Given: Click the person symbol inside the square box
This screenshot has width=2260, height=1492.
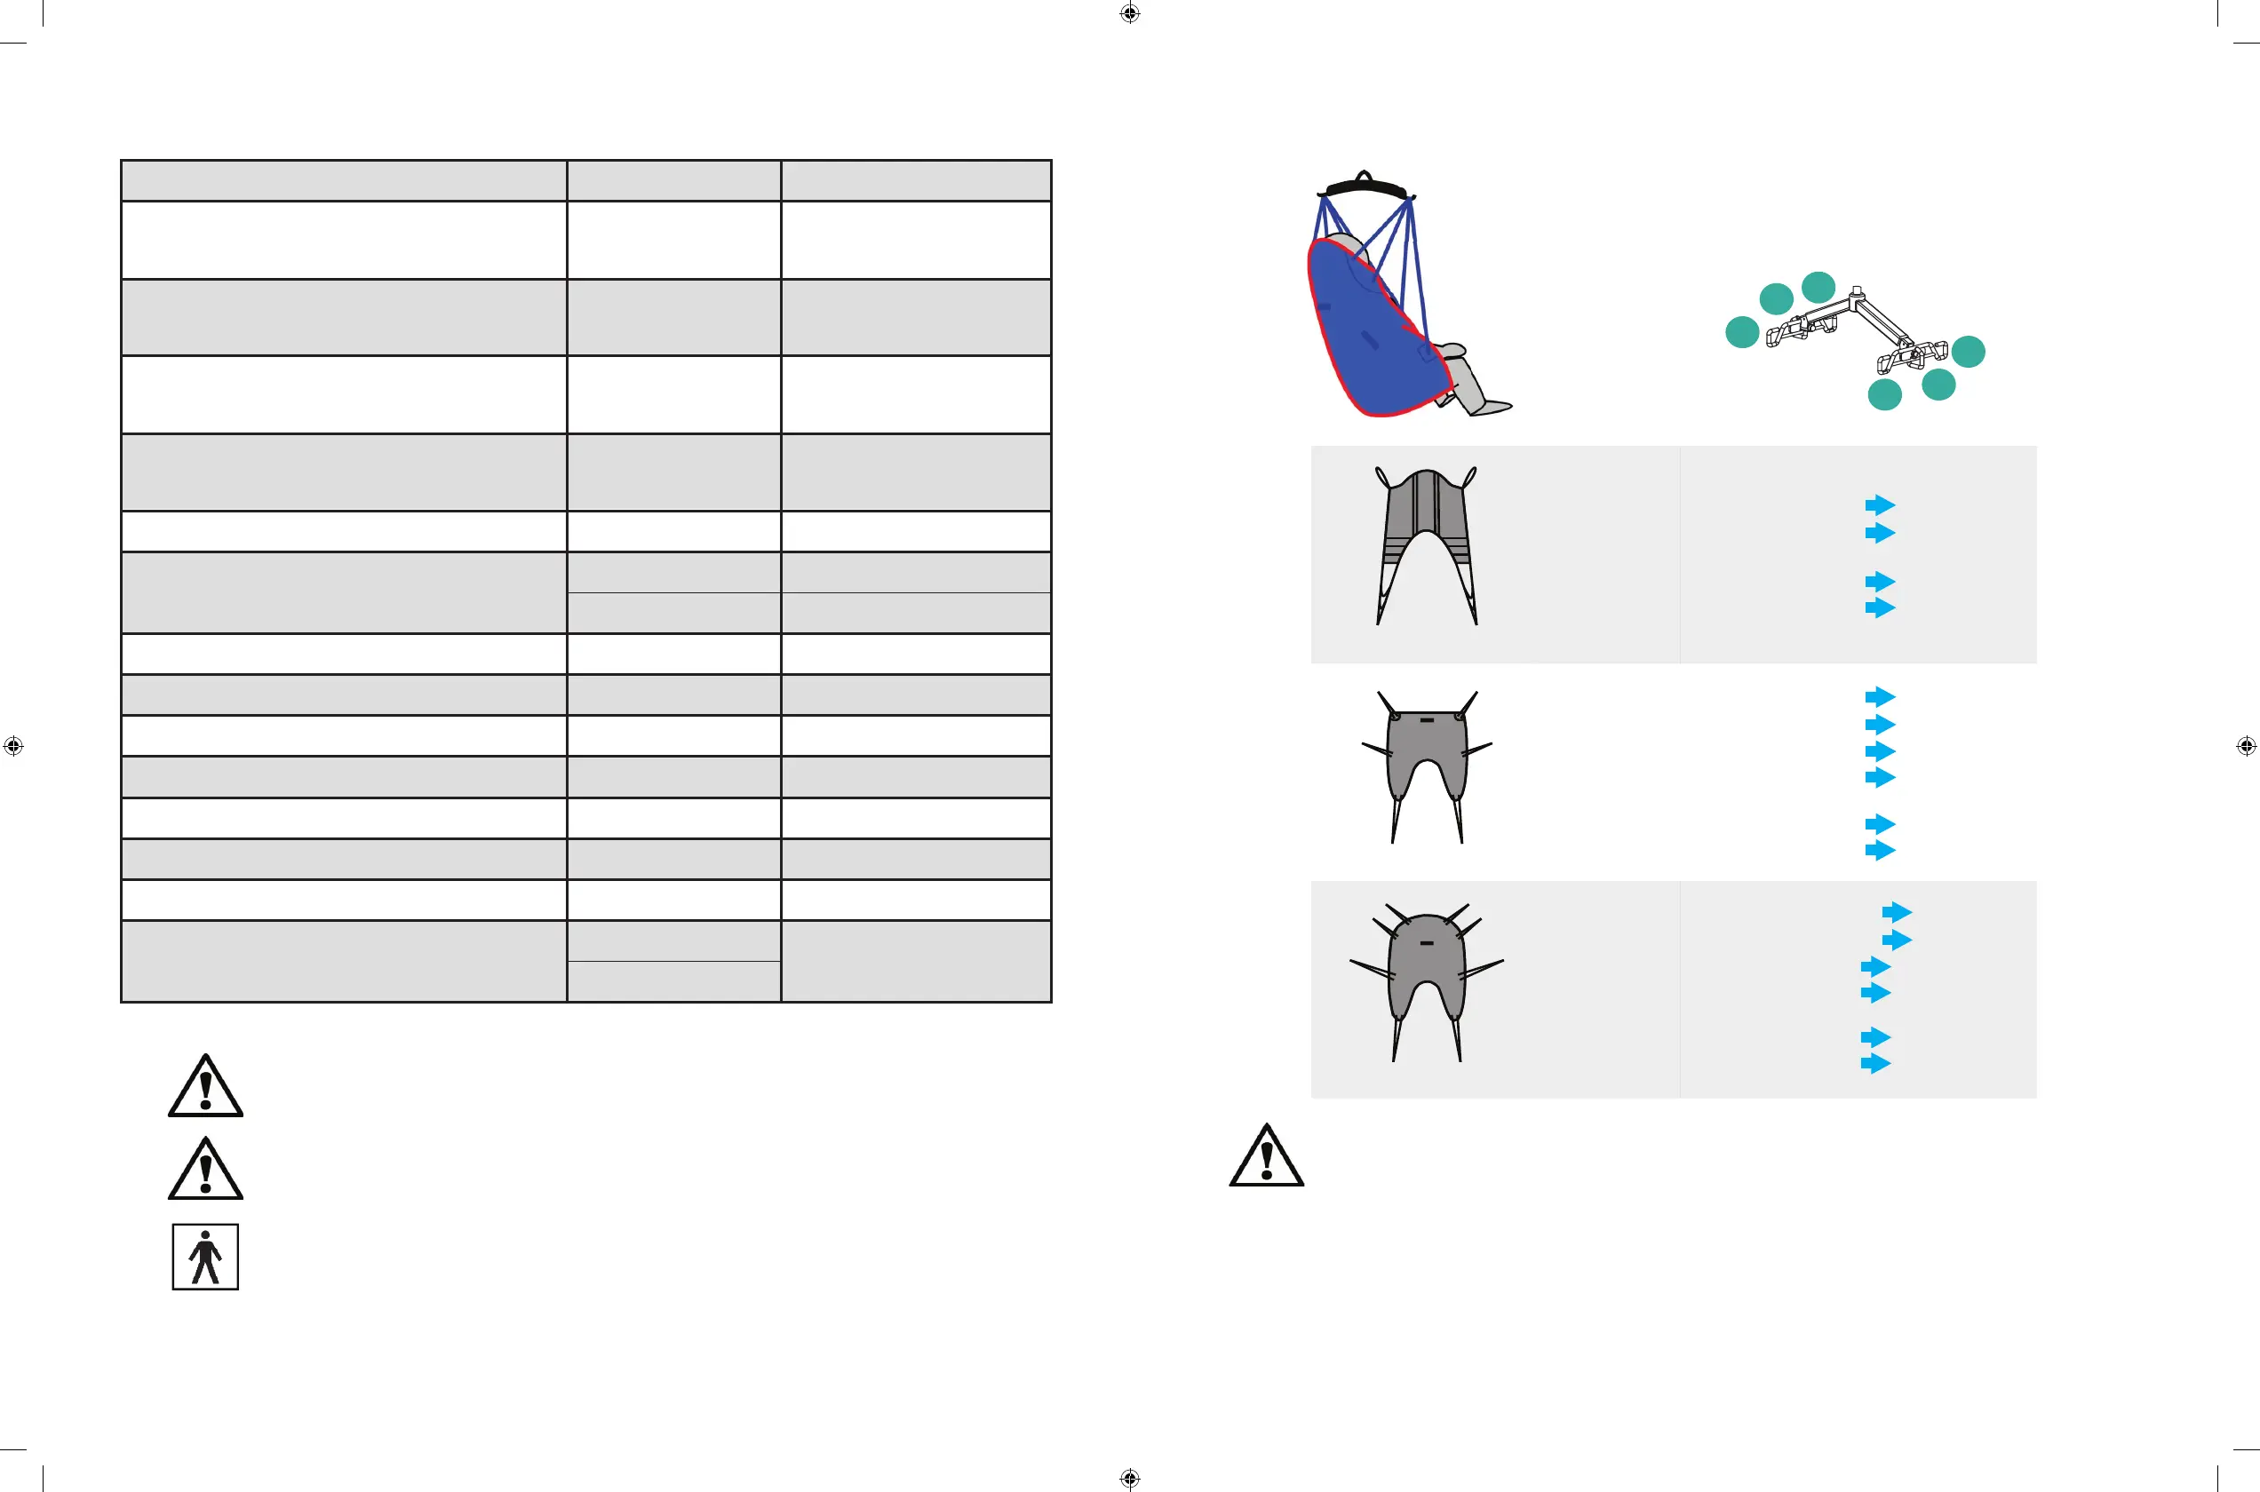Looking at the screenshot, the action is tap(205, 1257).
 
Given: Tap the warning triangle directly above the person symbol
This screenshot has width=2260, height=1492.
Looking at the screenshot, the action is tap(205, 1171).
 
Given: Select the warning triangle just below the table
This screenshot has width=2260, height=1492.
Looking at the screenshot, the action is tap(205, 1088).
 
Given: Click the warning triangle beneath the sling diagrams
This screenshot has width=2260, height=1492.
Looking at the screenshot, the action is tap(1267, 1158).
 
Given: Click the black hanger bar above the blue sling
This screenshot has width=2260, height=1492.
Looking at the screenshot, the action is tap(1365, 186).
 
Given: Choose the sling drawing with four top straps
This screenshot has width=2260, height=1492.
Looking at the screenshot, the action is tap(1427, 980).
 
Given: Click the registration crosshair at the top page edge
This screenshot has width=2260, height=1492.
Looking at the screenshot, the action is tap(1129, 13).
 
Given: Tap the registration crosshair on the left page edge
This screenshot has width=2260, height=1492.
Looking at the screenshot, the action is tap(13, 746).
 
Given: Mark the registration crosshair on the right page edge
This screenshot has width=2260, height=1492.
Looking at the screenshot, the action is tap(2246, 746).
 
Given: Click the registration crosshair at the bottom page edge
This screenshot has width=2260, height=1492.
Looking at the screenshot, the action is tap(1129, 1478).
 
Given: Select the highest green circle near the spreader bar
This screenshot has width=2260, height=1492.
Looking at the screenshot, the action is tap(1818, 286).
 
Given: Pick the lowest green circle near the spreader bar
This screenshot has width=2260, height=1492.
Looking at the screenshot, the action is tap(1884, 394).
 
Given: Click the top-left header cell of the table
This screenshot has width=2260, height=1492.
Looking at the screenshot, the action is tap(344, 181).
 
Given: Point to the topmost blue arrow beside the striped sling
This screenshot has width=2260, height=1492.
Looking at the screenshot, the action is tap(1881, 505).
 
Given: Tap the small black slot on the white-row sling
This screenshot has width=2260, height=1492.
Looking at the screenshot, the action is tap(1427, 720).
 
